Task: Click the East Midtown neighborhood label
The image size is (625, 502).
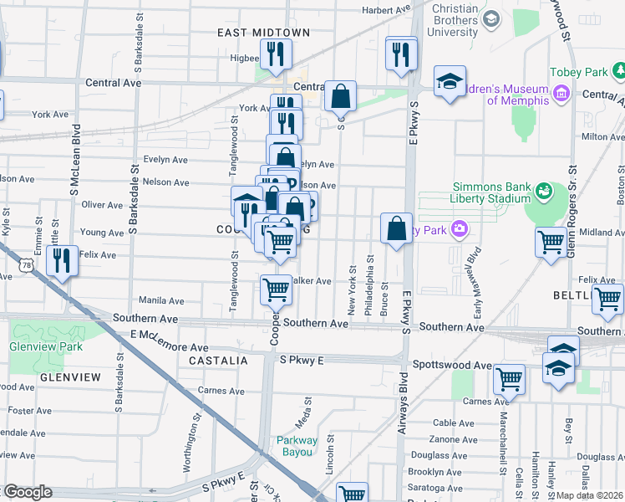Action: (x=263, y=33)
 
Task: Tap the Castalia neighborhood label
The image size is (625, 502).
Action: (x=218, y=361)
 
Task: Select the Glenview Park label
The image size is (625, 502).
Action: (x=35, y=346)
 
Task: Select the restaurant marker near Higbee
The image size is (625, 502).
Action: (x=274, y=54)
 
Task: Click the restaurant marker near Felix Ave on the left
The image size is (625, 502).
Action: (x=63, y=260)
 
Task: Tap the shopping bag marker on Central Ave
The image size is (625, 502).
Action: (x=341, y=95)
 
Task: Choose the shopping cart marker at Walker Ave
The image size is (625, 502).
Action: (x=276, y=289)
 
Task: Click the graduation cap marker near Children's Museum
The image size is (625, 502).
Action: (x=450, y=81)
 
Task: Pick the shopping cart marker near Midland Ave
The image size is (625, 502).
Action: (x=551, y=241)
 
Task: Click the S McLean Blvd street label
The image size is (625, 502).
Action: (x=76, y=164)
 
